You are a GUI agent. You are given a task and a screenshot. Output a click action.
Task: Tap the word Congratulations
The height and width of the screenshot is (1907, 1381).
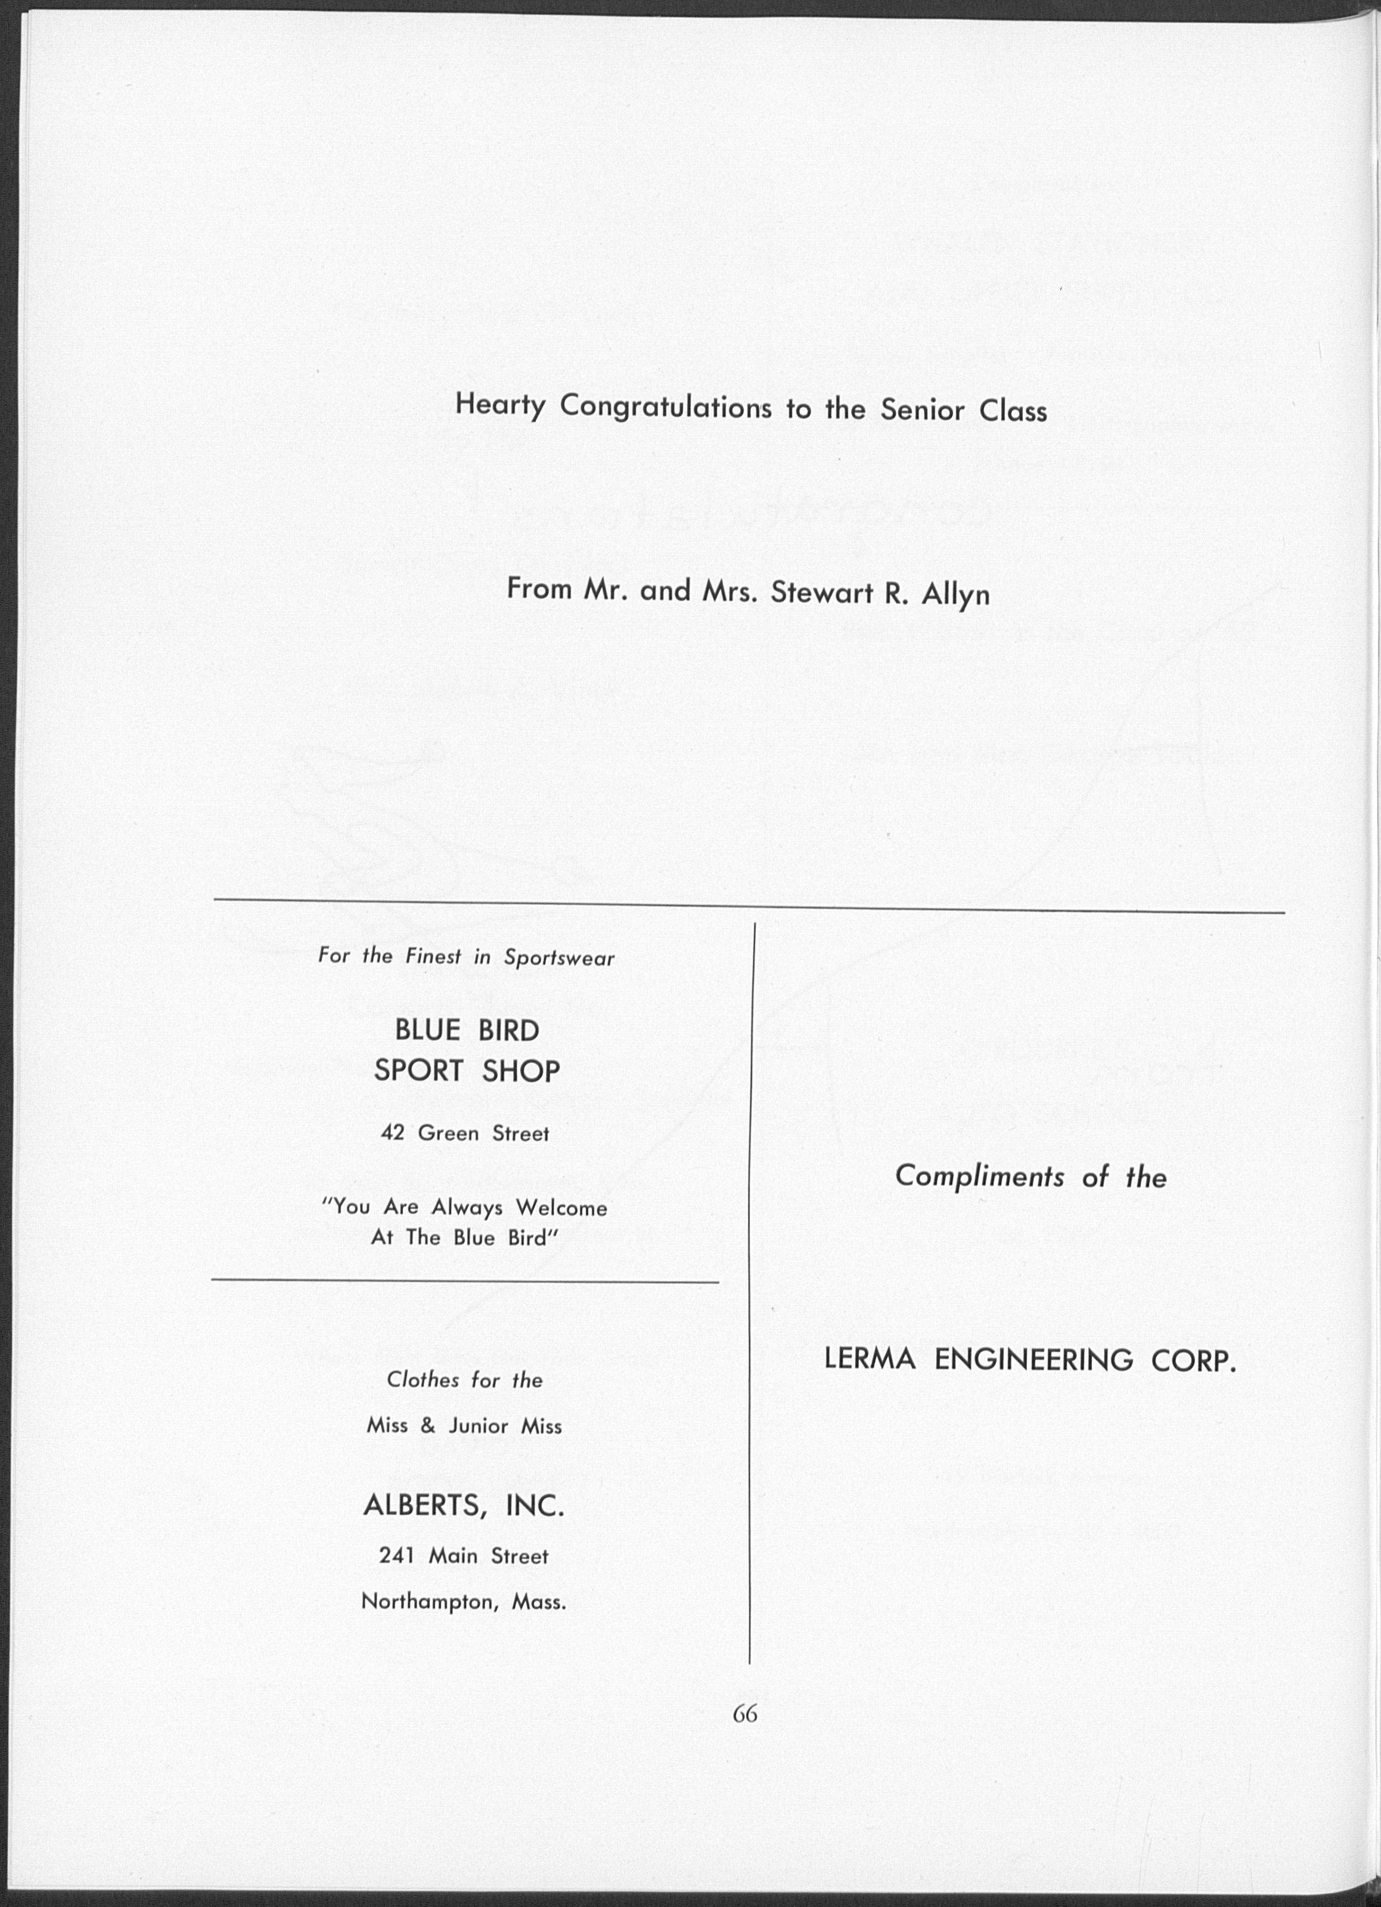coord(666,408)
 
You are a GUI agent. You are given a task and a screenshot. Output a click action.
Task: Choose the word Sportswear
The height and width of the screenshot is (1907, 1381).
coord(559,958)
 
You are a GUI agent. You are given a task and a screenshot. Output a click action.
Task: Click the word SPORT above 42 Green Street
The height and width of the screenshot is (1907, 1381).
coord(418,1071)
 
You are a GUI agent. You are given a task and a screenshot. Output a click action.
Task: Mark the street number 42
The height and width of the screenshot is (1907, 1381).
coord(393,1133)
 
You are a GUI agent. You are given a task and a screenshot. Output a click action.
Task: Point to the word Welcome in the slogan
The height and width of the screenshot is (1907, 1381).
coord(561,1208)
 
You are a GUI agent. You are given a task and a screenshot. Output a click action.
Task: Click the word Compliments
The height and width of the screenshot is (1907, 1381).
coord(979,1176)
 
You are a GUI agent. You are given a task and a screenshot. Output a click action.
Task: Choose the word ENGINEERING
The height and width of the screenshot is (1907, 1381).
coord(1033,1360)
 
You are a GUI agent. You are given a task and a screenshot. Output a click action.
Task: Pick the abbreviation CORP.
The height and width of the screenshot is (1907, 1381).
coord(1194,1360)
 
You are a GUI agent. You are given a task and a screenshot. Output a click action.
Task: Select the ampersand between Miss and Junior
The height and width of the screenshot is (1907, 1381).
coord(428,1426)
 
